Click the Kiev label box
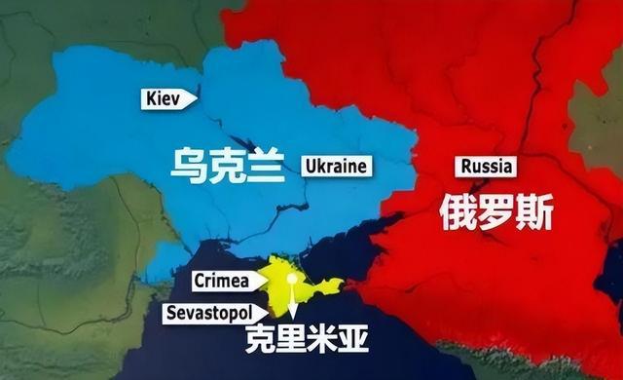point(166,97)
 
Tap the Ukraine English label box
point(336,166)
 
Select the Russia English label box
point(486,166)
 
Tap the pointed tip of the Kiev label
point(198,97)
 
